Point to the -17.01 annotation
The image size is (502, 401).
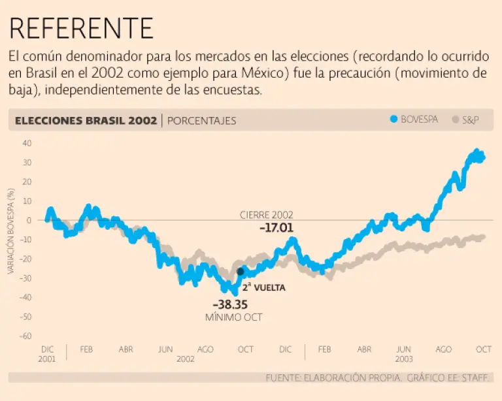point(276,228)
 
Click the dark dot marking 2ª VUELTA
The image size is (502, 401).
point(240,271)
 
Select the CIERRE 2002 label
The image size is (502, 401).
point(266,214)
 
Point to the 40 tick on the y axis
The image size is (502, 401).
point(27,143)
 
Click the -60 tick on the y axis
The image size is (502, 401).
point(25,336)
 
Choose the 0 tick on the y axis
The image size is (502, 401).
point(29,220)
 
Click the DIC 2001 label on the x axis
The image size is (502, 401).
point(47,353)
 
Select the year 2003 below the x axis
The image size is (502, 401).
point(403,359)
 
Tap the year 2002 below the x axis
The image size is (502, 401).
point(186,359)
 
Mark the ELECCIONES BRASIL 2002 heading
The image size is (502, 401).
point(86,120)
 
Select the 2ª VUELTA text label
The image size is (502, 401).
point(264,287)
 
